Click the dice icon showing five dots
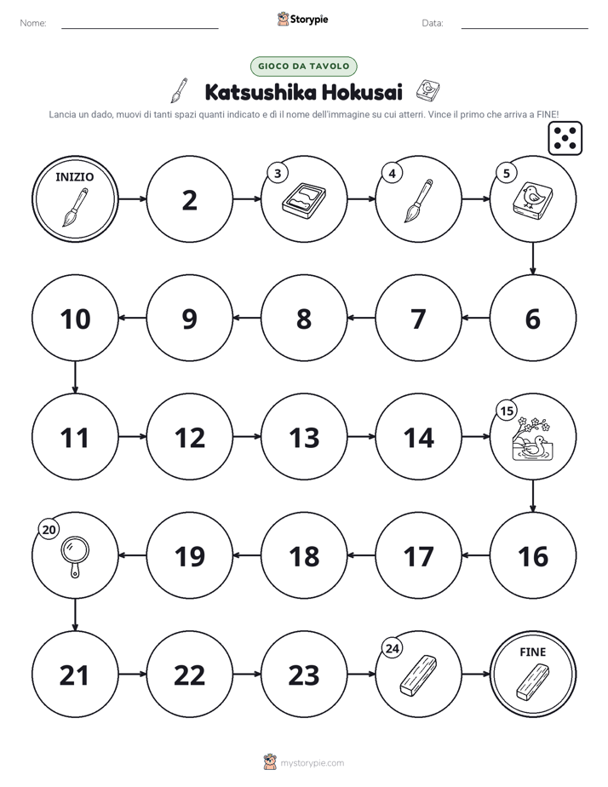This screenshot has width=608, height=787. click(565, 138)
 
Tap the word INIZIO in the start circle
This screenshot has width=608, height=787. click(74, 176)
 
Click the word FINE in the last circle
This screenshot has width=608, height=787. click(532, 652)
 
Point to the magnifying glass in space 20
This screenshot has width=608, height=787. click(75, 557)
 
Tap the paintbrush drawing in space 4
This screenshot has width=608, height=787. click(418, 201)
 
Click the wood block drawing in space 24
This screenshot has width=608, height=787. click(418, 675)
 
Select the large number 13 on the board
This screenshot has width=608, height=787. click(304, 438)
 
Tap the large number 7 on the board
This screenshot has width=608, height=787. click(418, 319)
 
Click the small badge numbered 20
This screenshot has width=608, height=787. click(49, 530)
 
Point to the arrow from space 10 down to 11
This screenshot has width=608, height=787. click(75, 377)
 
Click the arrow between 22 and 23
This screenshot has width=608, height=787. click(247, 674)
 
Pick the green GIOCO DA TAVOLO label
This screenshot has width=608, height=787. click(303, 66)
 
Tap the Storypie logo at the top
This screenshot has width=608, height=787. click(303, 19)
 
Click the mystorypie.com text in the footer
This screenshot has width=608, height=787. click(312, 763)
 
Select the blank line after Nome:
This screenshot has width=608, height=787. click(140, 28)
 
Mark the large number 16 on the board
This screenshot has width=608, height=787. click(533, 557)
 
